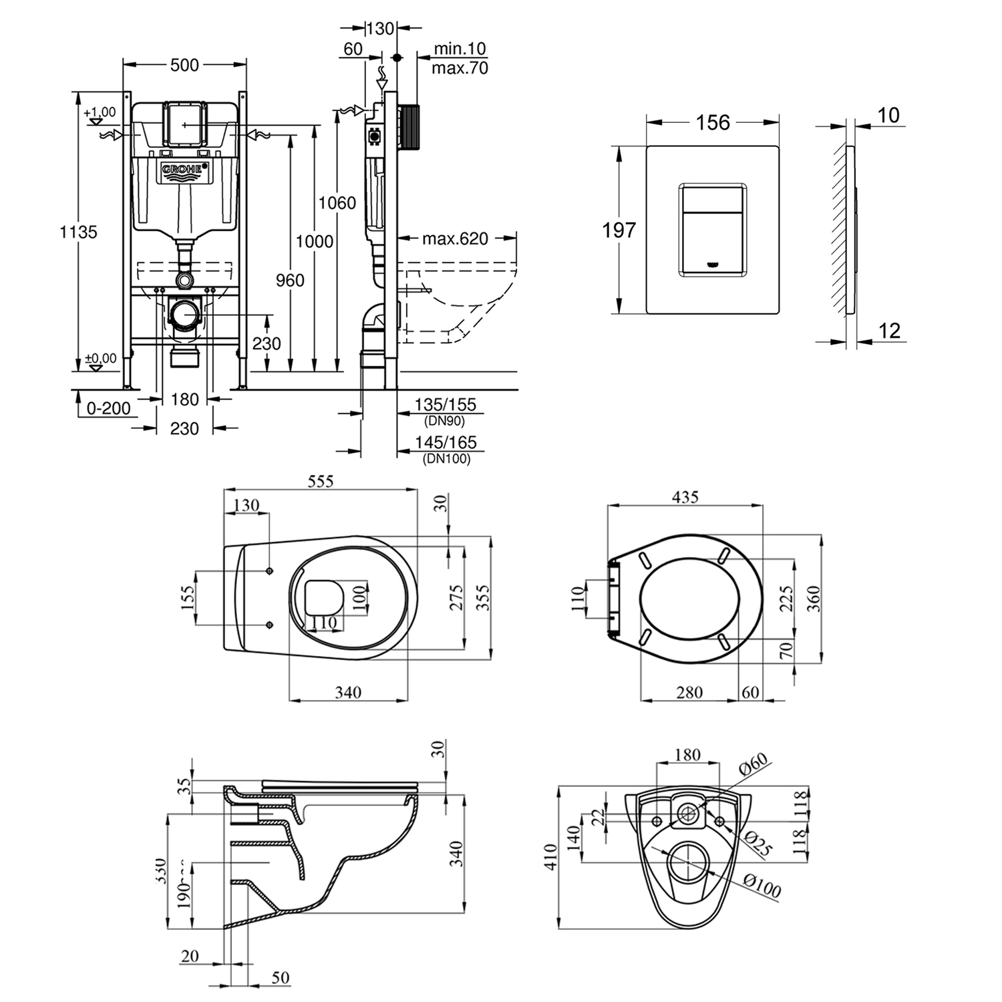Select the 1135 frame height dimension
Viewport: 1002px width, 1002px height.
coord(78,232)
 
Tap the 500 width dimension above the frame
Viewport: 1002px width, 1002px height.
coord(184,65)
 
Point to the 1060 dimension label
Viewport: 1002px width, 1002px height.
coord(337,203)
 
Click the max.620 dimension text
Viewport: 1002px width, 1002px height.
coord(455,238)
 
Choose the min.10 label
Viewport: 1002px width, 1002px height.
coord(460,49)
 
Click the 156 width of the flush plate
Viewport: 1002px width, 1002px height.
coord(713,123)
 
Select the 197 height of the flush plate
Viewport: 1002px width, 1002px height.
coord(619,230)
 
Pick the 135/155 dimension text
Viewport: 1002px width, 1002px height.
coord(446,405)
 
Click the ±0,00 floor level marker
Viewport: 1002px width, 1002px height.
coord(101,359)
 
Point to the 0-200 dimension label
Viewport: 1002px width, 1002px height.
coord(109,408)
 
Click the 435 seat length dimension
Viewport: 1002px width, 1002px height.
coord(685,497)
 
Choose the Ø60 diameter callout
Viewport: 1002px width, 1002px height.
coord(754,766)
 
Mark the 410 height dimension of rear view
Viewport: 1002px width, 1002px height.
coord(549,858)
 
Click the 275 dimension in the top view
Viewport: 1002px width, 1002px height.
coord(456,598)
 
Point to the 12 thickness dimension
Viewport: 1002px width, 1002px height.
coord(889,331)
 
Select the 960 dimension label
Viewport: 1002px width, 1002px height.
coord(290,281)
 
